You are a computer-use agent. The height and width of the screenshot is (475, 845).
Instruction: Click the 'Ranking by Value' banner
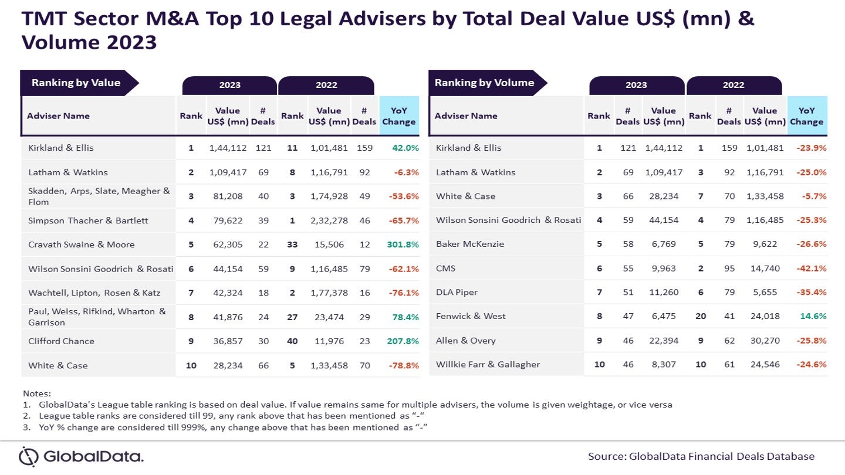pyautogui.click(x=76, y=83)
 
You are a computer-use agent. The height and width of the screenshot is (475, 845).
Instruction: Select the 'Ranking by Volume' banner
pyautogui.click(x=484, y=83)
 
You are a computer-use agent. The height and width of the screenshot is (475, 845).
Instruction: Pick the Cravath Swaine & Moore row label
pyautogui.click(x=82, y=245)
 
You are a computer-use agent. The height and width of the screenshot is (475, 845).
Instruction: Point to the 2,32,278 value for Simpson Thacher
pyautogui.click(x=328, y=220)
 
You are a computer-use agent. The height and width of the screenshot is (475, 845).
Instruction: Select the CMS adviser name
pyautogui.click(x=446, y=268)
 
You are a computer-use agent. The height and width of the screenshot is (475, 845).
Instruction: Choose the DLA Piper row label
pyautogui.click(x=457, y=292)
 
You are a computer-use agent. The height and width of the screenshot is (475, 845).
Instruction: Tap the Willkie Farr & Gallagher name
pyautogui.click(x=488, y=364)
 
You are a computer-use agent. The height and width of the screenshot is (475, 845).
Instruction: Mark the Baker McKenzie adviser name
pyautogui.click(x=470, y=244)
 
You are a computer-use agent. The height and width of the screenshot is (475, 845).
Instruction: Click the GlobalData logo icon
pyautogui.click(x=29, y=456)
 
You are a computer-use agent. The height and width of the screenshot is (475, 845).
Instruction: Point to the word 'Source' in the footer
pyautogui.click(x=606, y=456)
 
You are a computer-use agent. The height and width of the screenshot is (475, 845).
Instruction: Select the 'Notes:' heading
pyautogui.click(x=37, y=393)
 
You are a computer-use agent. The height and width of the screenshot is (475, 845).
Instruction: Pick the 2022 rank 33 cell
pyautogui.click(x=292, y=245)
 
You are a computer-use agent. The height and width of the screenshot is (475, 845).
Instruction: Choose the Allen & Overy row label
pyautogui.click(x=466, y=340)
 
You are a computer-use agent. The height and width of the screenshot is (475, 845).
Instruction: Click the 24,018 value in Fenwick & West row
pyautogui.click(x=765, y=316)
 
